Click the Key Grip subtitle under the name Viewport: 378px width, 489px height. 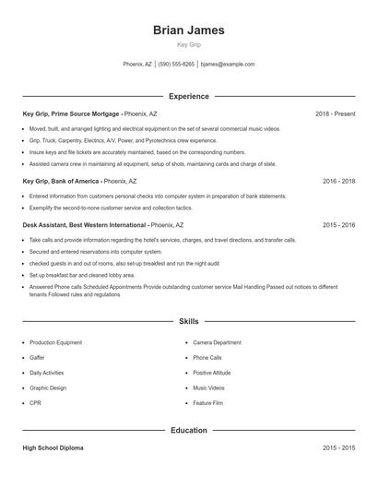[x=188, y=44]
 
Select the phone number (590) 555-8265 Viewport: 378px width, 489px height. [x=176, y=65]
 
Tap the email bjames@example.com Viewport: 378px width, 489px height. [x=228, y=65]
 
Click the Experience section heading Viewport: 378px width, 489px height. [x=188, y=96]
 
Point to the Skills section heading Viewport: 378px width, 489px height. [x=188, y=321]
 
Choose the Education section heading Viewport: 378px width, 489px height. [x=188, y=430]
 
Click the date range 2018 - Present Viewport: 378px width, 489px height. [x=335, y=113]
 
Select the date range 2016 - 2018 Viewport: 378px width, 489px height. [x=338, y=182]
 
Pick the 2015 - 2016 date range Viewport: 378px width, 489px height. [x=338, y=225]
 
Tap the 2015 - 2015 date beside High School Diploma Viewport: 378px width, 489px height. [x=338, y=447]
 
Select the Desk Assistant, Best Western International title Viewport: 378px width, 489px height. [x=84, y=225]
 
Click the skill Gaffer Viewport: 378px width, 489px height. [x=37, y=357]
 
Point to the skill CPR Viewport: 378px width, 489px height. [x=35, y=403]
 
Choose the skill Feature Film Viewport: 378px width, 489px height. [x=208, y=403]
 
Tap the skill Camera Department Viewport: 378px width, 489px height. [x=218, y=341]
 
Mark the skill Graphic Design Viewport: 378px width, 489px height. [x=48, y=388]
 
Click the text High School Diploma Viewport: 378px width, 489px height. [x=53, y=447]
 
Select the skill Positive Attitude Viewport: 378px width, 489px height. [x=212, y=373]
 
